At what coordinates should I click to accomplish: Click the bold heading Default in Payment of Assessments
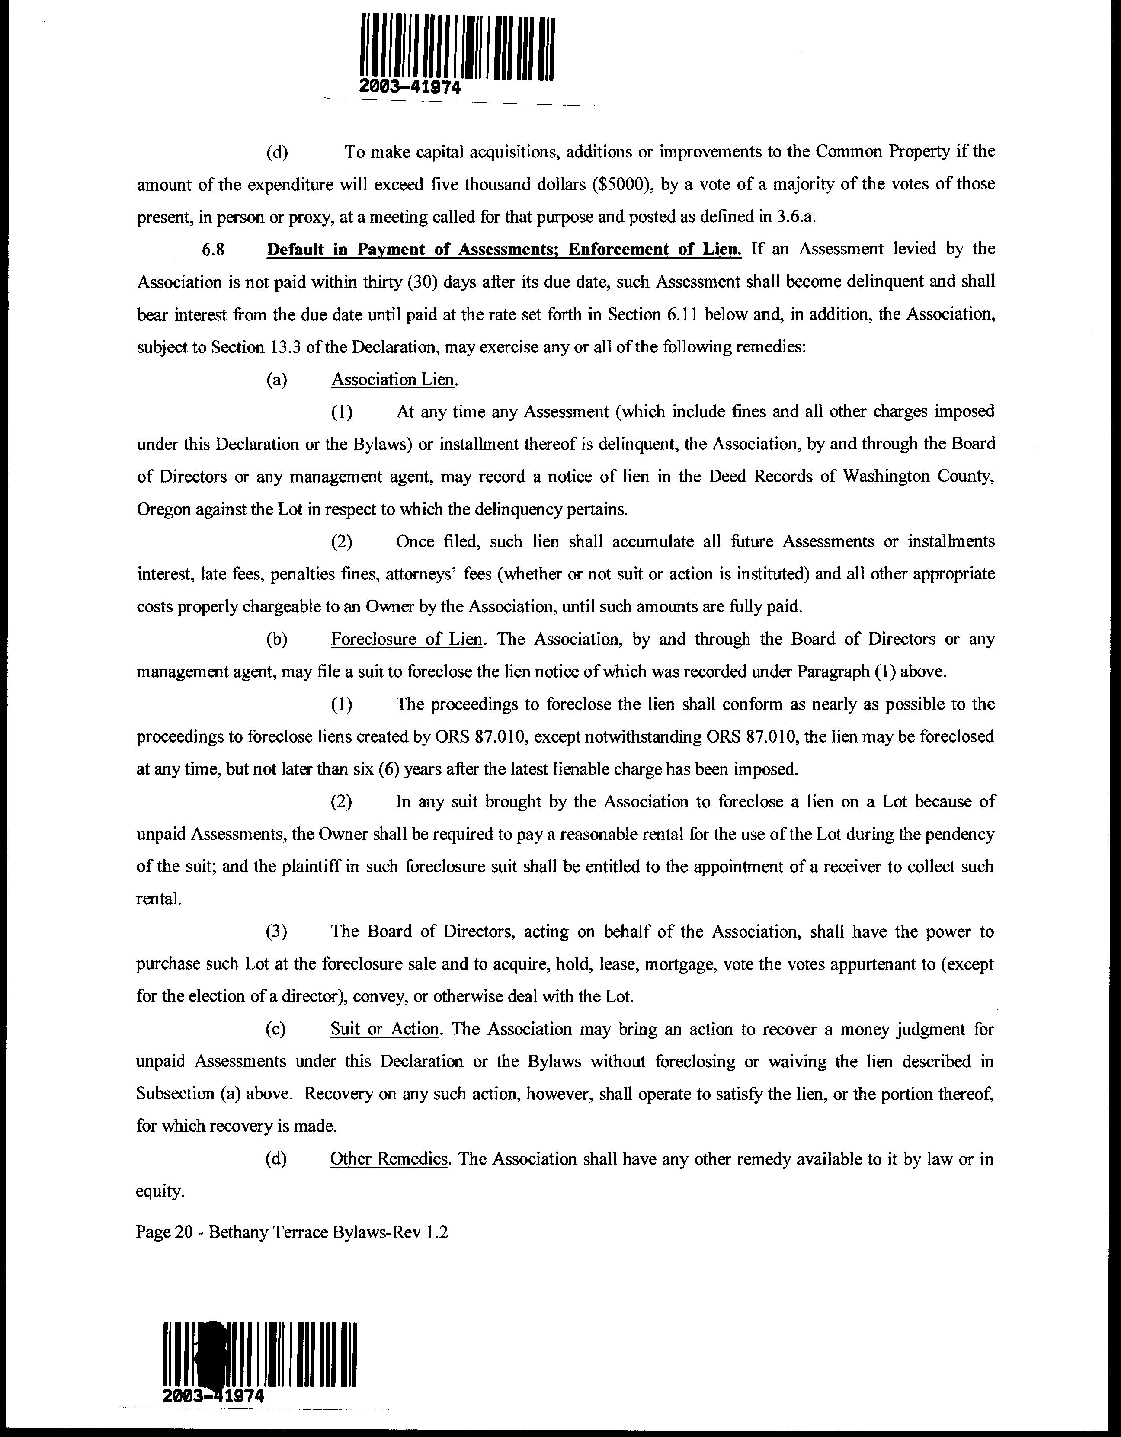(x=503, y=250)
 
